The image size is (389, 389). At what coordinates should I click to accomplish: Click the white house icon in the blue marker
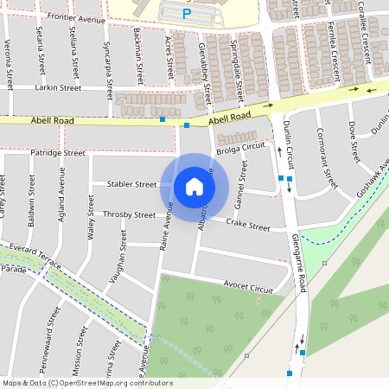point(194,186)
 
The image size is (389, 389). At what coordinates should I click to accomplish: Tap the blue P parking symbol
point(186,14)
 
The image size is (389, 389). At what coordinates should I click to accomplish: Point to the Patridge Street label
point(58,153)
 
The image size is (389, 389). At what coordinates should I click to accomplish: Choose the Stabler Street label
point(131,184)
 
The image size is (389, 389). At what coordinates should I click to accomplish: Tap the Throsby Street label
point(129,214)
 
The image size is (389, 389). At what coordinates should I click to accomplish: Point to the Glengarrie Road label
point(300,259)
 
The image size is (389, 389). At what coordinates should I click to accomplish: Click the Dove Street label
point(353,141)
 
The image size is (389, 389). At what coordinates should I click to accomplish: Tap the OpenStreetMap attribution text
point(86,383)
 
